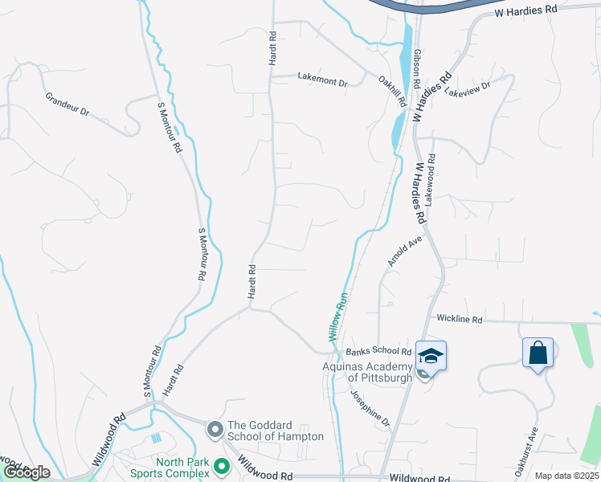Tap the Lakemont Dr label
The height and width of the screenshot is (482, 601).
coord(322,81)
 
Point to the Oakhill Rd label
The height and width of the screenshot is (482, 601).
coord(391,90)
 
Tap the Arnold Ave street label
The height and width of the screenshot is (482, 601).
coord(404,251)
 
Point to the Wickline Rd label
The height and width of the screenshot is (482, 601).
coord(459,319)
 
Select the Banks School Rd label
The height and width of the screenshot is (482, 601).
coord(378,351)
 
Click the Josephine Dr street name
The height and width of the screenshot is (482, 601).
coord(369,409)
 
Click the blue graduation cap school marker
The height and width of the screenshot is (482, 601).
coord(431,357)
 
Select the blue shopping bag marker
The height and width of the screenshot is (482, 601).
coord(538,353)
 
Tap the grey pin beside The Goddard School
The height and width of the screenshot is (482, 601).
coord(215,430)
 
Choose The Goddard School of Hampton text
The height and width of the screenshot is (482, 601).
coord(276,431)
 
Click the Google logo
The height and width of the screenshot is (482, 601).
coord(26,472)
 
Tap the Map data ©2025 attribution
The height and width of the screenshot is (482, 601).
coord(566,476)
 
